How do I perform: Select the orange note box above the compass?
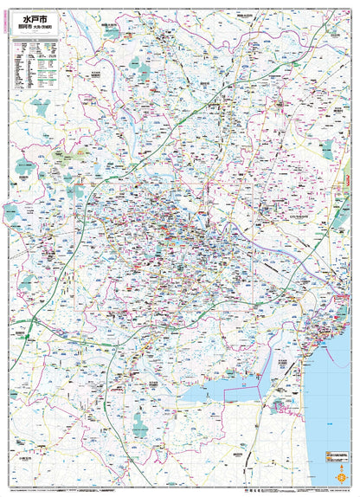click(337, 455)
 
